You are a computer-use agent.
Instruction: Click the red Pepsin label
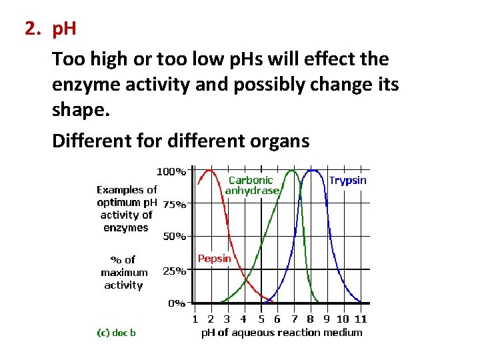[x=215, y=259]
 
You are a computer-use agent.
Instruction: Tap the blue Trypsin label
[x=347, y=181]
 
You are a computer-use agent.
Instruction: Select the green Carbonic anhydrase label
[x=251, y=185]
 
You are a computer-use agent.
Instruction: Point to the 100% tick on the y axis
[x=171, y=171]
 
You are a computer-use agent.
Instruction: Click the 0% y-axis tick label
[x=176, y=303]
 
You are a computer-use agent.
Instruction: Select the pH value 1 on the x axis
[x=195, y=319]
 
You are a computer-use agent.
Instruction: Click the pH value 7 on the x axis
[x=294, y=319]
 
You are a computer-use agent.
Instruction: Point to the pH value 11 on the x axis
[x=361, y=319]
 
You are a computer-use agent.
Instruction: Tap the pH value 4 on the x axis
[x=244, y=319]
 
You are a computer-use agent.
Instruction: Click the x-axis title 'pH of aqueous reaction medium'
[x=282, y=333]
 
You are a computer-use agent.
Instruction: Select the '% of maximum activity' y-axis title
[x=123, y=272]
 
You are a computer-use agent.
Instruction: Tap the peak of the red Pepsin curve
[x=210, y=170]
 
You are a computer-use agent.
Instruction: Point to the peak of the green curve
[x=291, y=171]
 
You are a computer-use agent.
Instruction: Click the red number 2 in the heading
[x=30, y=29]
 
